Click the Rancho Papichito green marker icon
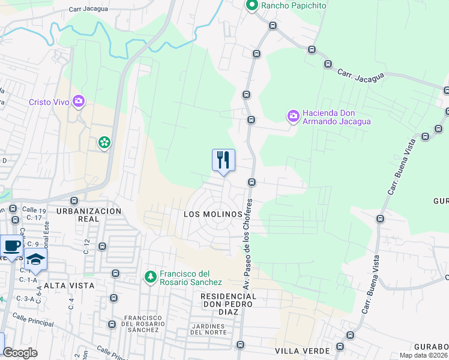coord(252,6)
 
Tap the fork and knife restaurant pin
coord(223,160)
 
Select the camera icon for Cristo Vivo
coord(78,101)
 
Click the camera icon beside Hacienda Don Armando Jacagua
coord(293,116)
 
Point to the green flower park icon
coord(104,143)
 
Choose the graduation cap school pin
coord(36,259)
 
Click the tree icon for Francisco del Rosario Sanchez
coord(151,277)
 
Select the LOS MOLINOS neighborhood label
coord(212,214)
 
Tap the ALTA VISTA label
coord(69,286)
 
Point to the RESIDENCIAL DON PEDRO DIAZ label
coord(228,301)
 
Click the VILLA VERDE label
coord(303,350)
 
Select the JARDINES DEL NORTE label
coord(207,329)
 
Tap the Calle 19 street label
coord(34,211)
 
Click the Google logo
coord(20,353)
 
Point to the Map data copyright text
coord(421,355)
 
